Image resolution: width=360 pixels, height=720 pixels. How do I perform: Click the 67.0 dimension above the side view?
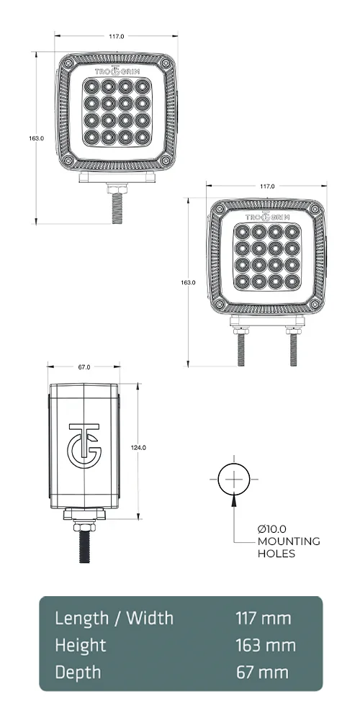pos(84,367)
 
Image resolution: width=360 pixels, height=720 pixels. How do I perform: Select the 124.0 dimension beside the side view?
pos(138,447)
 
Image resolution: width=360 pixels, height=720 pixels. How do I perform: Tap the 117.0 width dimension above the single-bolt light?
pos(117,36)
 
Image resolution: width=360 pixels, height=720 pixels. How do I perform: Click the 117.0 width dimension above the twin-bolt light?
pos(266,186)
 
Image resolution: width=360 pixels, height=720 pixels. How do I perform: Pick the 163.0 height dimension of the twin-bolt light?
pos(188,282)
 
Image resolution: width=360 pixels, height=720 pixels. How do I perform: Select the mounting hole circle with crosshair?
pos(233,478)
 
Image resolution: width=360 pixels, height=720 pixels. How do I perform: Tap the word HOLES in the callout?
pos(276,554)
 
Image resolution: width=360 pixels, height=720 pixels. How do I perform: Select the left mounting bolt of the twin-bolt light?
pos(239,347)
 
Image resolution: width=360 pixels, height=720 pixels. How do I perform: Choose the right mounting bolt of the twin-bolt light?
pos(294,347)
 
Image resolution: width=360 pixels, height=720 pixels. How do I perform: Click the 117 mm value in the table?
pos(263,618)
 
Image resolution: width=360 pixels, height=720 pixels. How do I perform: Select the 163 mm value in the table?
pos(265,645)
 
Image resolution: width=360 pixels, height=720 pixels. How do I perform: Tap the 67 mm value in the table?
pos(262,672)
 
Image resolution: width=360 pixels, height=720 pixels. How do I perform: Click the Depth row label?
pos(78,672)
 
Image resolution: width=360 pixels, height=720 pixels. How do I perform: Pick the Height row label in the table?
pos(81,645)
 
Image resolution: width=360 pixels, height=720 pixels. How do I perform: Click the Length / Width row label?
pos(114,618)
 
